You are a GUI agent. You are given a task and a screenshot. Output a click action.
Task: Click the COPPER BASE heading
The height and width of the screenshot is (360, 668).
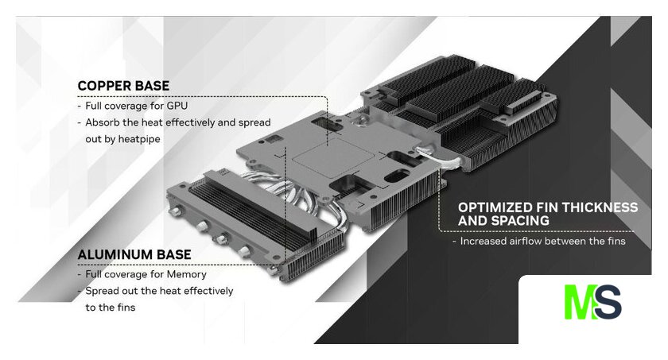tap(123, 86)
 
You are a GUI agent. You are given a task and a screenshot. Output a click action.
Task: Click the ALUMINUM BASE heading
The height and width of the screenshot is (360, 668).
tap(134, 254)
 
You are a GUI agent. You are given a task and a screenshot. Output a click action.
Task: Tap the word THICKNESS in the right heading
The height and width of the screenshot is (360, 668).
tap(600, 207)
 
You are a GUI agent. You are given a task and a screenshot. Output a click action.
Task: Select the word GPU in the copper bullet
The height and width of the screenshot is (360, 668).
tap(177, 106)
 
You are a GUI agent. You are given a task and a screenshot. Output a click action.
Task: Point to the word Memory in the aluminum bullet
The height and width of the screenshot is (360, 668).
tap(187, 274)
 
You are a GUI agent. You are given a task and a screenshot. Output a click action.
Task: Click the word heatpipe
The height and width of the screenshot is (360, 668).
tap(139, 139)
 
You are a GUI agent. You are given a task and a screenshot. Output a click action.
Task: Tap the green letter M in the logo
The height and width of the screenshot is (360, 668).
tap(579, 302)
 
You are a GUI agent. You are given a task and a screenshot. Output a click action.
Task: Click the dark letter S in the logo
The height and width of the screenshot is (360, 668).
tap(608, 302)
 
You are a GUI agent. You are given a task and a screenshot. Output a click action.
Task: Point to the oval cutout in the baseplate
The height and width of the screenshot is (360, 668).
tap(397, 176)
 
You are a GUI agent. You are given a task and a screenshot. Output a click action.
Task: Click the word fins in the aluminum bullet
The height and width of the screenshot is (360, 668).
tap(126, 308)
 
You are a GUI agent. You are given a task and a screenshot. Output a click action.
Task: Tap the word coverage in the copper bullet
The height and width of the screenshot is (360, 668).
tap(126, 106)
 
